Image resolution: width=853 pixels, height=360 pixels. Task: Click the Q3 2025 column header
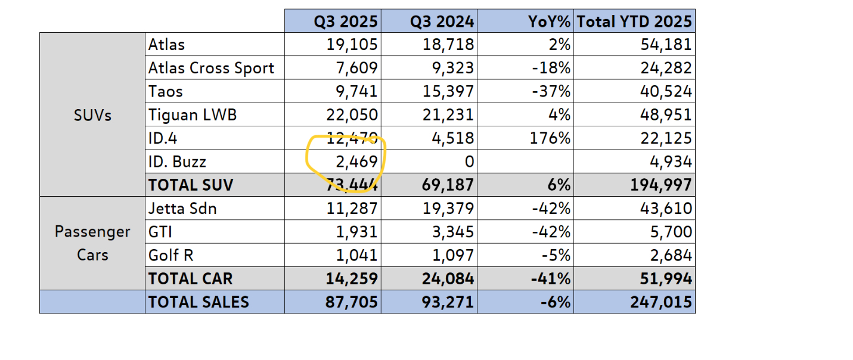click(x=346, y=21)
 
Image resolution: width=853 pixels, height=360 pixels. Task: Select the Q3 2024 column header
click(x=442, y=21)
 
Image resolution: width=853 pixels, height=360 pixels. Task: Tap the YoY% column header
click(x=549, y=21)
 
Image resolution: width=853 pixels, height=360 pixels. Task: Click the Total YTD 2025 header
click(x=634, y=21)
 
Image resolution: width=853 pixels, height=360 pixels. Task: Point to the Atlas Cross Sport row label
click(x=211, y=68)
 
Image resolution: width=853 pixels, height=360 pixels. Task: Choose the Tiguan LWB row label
click(x=192, y=114)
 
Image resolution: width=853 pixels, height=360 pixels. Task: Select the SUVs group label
click(x=92, y=114)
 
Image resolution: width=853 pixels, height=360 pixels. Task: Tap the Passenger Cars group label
click(x=92, y=243)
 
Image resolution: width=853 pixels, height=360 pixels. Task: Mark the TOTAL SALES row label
click(x=198, y=302)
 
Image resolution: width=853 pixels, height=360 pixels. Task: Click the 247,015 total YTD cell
click(x=661, y=302)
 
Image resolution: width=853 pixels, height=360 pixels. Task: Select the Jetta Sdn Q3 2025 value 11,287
click(x=353, y=209)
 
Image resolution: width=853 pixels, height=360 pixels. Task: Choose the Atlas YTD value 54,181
click(x=666, y=45)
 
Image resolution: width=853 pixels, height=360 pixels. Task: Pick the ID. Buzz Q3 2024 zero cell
click(x=469, y=162)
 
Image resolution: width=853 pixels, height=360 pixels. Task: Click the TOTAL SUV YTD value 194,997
click(x=661, y=185)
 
